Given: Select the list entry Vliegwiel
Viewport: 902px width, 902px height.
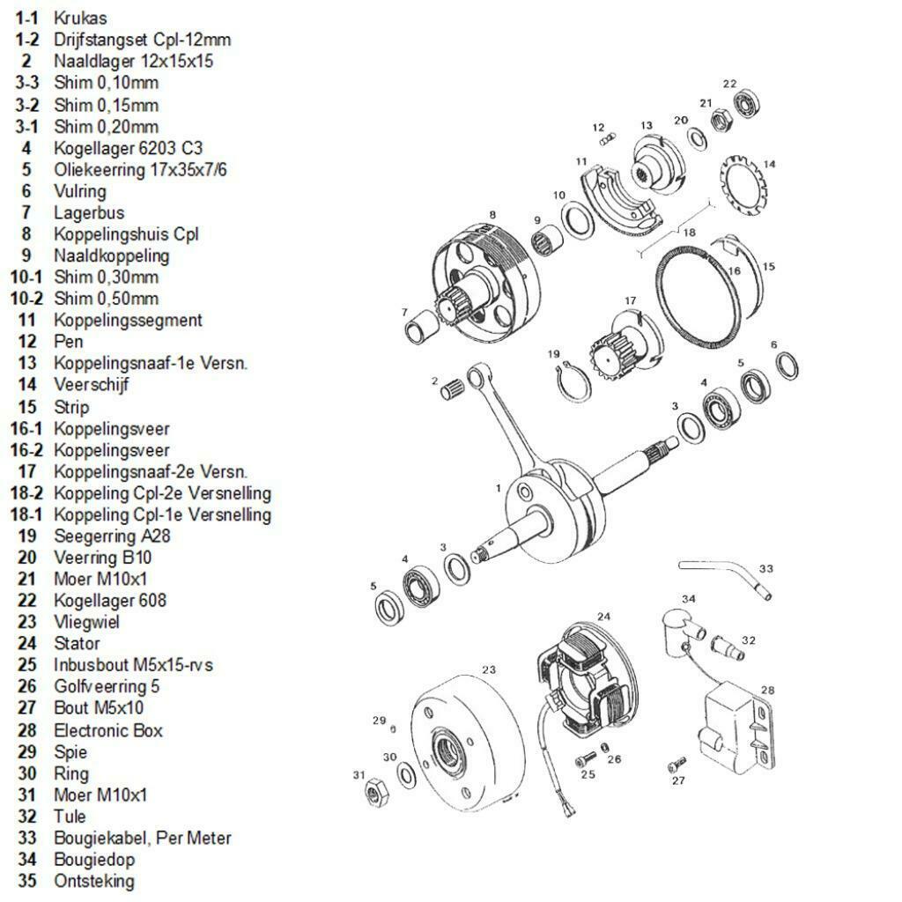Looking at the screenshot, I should [x=86, y=622].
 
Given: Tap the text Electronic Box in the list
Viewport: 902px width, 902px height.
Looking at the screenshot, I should [x=108, y=730].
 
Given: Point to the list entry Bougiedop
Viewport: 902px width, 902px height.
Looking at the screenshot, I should [x=94, y=859].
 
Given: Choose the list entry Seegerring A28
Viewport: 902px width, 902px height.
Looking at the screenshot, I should [x=112, y=536].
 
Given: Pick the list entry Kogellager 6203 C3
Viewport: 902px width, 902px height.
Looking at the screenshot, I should [x=128, y=148].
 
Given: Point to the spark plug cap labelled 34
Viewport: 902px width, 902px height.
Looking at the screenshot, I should [x=681, y=626].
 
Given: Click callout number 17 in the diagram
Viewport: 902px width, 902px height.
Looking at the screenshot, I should [x=630, y=301].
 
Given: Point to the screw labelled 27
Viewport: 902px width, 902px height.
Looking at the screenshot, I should [x=676, y=765].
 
